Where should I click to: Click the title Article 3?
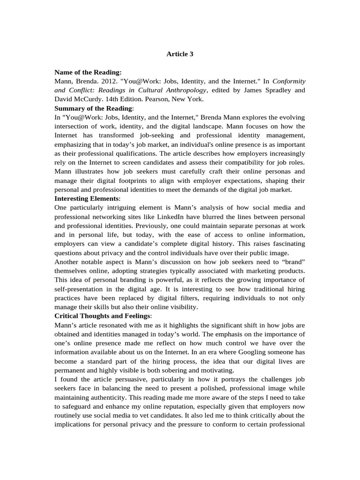[x=180, y=54]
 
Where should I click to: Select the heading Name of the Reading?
[x=88, y=72]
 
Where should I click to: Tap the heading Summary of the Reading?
[x=93, y=108]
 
